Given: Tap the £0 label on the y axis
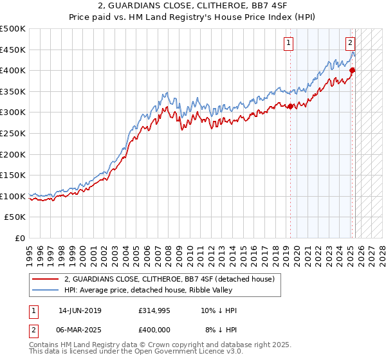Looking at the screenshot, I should (x=21, y=238).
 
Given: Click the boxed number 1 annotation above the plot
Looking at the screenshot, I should (x=288, y=44).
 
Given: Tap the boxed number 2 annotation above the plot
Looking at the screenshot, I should (x=350, y=44).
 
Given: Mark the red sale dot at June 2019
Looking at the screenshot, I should (x=290, y=106).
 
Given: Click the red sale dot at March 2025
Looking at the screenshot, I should (x=353, y=71).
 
